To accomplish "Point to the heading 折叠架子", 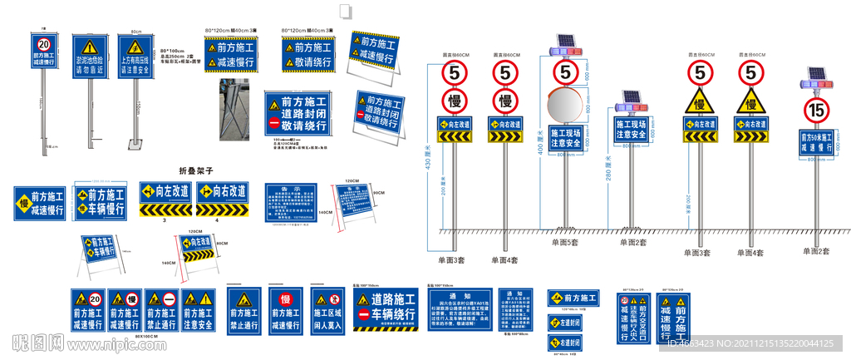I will pyautogui.click(x=197, y=170).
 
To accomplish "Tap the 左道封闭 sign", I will pyautogui.click(x=564, y=321).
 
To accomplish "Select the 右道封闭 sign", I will pyautogui.click(x=564, y=342).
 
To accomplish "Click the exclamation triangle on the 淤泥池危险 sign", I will pyautogui.click(x=88, y=47).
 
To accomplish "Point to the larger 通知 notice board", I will pyautogui.click(x=460, y=308).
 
